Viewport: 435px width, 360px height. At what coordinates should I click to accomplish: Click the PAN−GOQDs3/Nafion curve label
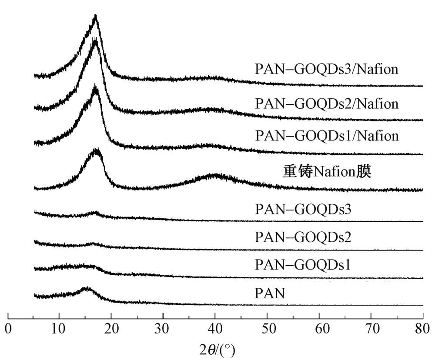(x=327, y=70)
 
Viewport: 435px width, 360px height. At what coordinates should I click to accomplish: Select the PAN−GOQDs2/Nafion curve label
(x=327, y=103)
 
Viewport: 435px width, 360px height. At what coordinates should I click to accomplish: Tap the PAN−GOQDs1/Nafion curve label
(x=327, y=136)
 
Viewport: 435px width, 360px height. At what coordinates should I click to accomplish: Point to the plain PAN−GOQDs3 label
(x=303, y=210)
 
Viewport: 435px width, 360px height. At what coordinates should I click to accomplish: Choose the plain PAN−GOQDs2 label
(x=303, y=237)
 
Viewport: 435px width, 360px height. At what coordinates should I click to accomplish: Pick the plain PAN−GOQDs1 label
(x=303, y=264)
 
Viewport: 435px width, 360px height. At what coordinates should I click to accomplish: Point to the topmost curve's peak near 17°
(x=95, y=17)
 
